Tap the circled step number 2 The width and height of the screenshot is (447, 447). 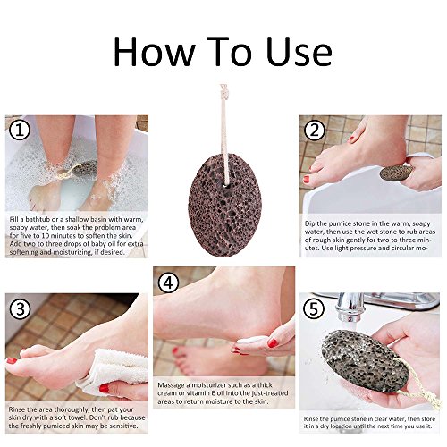[x=314, y=130]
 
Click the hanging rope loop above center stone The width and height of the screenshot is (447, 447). [x=222, y=116]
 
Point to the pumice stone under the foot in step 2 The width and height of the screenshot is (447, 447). [x=396, y=173]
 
